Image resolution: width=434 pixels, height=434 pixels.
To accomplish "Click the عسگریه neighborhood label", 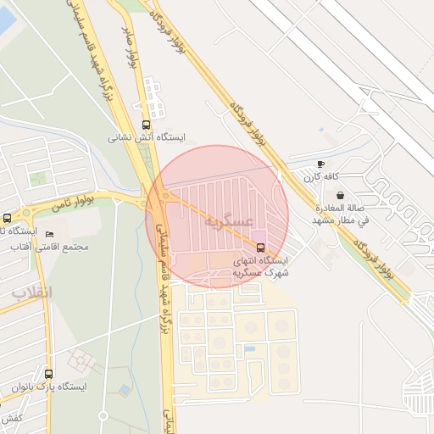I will tap(229, 220).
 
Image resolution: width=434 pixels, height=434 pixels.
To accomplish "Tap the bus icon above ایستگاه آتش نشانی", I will tap(147, 125).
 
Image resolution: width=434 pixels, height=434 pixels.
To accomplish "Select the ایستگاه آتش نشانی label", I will tap(147, 137).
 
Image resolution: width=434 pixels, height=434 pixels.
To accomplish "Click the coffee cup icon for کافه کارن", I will tap(320, 164).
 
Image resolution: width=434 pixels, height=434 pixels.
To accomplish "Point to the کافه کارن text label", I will tap(323, 176).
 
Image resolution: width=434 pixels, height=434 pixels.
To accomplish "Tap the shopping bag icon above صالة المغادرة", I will tap(340, 195).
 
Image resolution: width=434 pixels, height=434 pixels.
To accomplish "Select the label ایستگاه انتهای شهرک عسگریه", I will tap(261, 267).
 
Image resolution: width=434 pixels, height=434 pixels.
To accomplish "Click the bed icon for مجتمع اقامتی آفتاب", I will tap(49, 234).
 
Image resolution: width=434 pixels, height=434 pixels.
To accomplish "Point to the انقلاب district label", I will tap(31, 292).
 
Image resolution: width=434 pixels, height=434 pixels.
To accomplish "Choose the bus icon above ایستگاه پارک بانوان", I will tap(48, 374).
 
